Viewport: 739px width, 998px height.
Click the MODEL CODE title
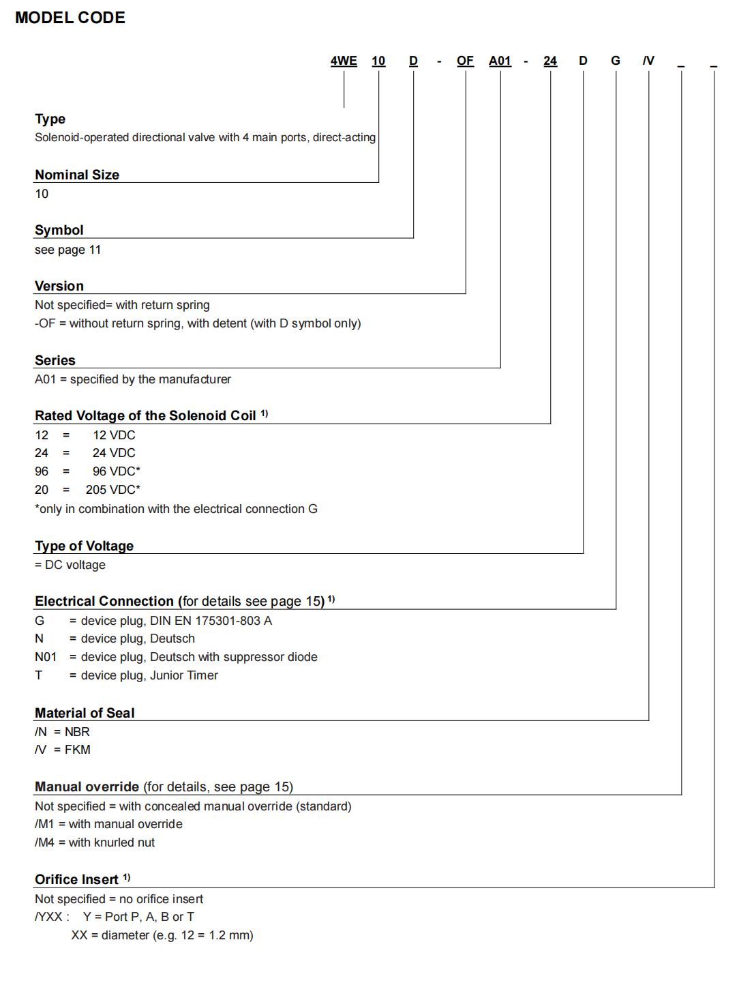(70, 18)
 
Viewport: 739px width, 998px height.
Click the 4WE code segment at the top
(344, 61)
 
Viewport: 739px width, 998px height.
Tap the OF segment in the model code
(465, 61)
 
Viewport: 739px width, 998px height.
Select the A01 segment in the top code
(500, 61)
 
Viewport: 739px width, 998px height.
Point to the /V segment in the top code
(648, 61)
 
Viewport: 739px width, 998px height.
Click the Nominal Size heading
(77, 175)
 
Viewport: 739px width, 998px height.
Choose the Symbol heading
(59, 230)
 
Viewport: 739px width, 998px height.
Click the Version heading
(59, 286)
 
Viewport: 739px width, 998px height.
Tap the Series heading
(55, 360)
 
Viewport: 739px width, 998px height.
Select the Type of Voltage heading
(85, 546)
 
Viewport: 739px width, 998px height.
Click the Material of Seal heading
(85, 713)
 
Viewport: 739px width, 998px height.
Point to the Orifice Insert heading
(76, 879)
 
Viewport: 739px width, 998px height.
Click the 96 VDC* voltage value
(117, 471)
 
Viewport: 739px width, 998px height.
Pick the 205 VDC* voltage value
(113, 490)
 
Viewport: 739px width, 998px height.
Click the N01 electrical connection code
(46, 657)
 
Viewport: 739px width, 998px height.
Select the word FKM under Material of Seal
(78, 750)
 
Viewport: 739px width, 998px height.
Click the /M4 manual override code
(44, 842)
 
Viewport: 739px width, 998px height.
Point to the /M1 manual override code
(44, 824)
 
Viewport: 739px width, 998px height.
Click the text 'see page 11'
(67, 250)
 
